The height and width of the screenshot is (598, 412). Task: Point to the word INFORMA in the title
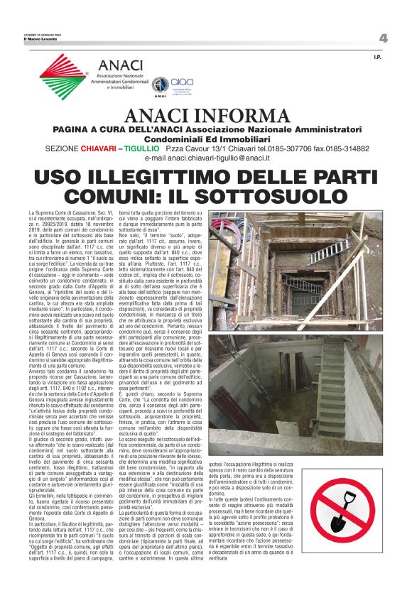[239, 116]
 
